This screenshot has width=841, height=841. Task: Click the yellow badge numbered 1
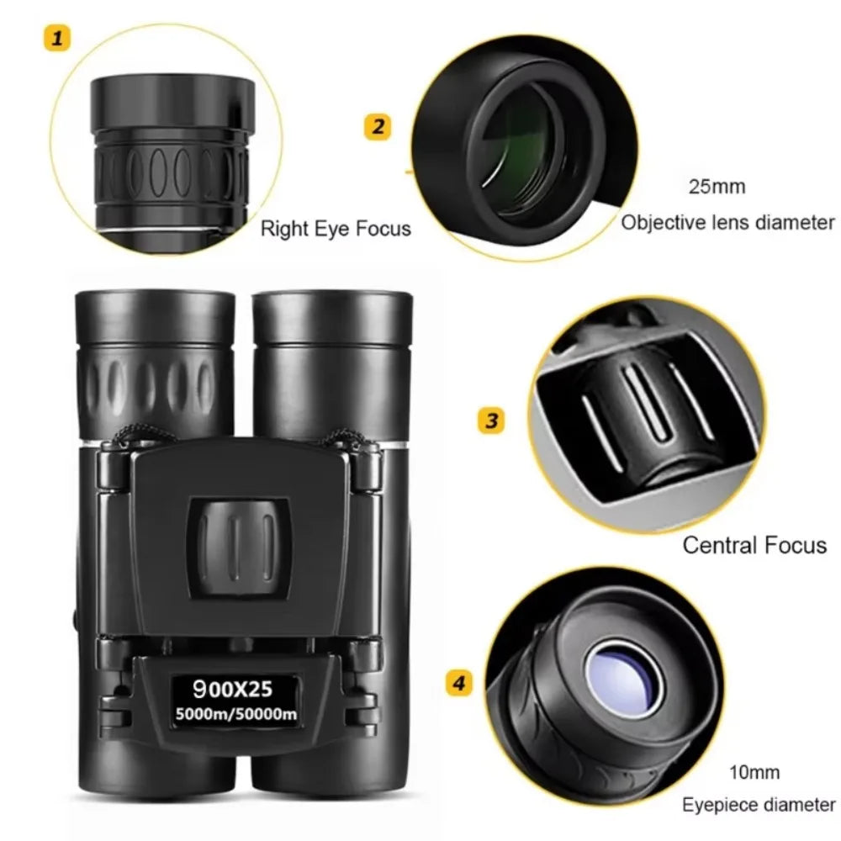coord(57,38)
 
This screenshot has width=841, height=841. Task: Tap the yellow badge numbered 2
coord(378,127)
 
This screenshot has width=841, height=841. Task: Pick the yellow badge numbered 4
coord(458,683)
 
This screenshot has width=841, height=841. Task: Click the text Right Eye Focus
coord(336,228)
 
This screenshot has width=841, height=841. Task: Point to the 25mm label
coord(717,187)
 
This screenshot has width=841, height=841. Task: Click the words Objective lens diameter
coord(728,223)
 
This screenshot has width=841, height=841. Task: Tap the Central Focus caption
coord(754,545)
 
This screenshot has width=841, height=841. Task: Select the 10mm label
coord(754,772)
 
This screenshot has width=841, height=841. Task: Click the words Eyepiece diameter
coord(759,805)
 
